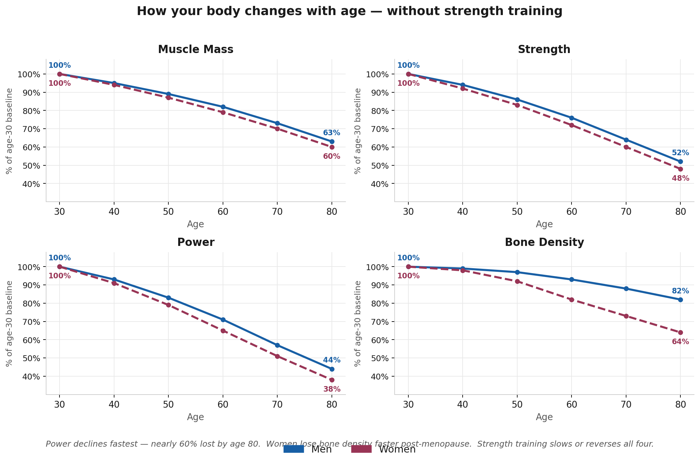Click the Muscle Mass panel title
coord(196,49)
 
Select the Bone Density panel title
coord(544,242)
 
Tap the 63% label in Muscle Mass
coord(332,133)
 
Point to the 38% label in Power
coord(332,389)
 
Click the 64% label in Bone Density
coord(680,342)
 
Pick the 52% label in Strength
coord(680,153)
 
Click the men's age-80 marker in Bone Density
coord(680,300)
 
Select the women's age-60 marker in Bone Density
coord(572,300)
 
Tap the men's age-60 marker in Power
coord(223,320)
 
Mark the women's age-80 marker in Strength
coord(680,169)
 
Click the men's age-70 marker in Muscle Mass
coord(277,123)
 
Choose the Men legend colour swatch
coord(294,449)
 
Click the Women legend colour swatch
coord(361,449)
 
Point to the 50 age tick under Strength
coord(517,212)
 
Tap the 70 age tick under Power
coord(277,405)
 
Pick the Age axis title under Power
coord(196,417)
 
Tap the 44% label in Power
coord(332,360)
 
